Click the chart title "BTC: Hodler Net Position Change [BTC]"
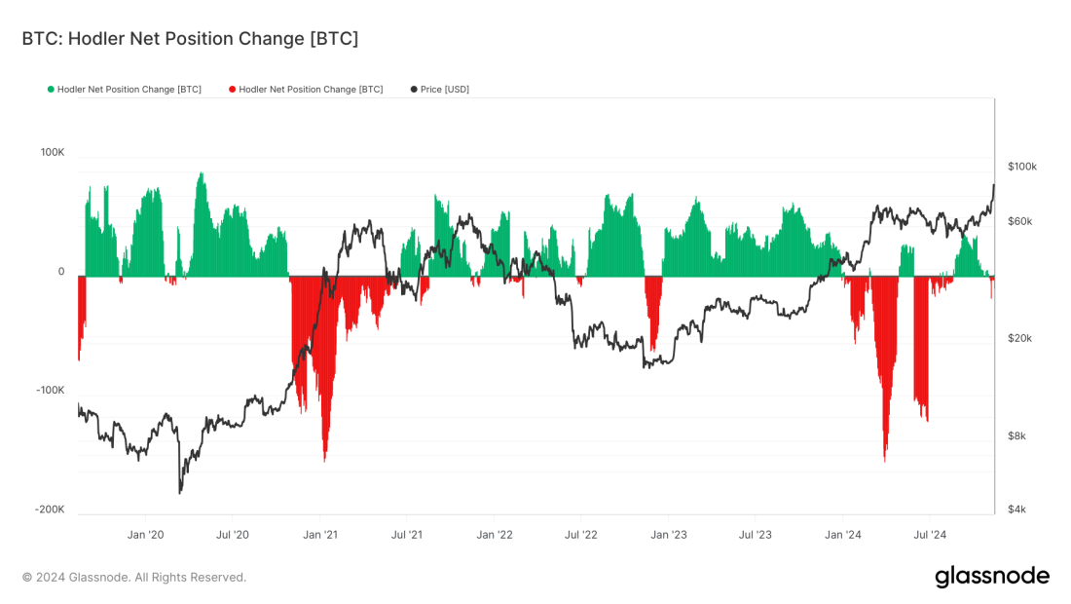point(190,39)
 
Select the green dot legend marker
point(51,90)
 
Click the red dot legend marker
point(232,90)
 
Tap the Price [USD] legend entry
point(444,90)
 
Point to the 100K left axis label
point(52,153)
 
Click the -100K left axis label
point(50,390)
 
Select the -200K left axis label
point(50,510)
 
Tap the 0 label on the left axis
point(61,272)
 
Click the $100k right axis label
point(1021,167)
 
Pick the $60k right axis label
point(1019,221)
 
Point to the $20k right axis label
point(1019,338)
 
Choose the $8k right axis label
point(1016,435)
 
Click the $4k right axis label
point(1016,510)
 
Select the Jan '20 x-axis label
point(146,534)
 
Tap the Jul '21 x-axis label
point(407,534)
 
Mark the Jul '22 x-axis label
point(581,534)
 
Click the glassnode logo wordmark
point(992,577)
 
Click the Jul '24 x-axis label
point(930,534)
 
